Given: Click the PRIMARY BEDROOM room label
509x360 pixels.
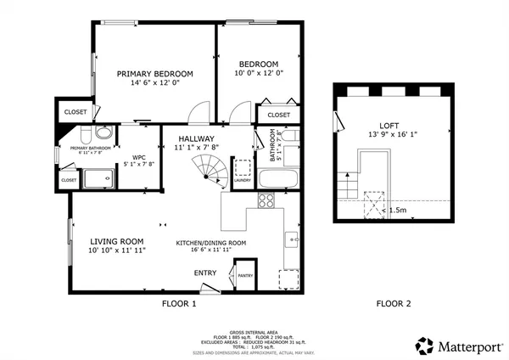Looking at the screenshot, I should [x=154, y=74].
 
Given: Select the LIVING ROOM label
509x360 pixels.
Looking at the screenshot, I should [x=117, y=241].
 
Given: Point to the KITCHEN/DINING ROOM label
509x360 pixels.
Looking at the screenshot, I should [x=211, y=243].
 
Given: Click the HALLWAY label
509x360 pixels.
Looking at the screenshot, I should [x=195, y=138].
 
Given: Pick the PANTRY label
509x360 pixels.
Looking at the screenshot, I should [x=245, y=275].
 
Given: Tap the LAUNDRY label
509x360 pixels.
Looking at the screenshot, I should [x=243, y=180].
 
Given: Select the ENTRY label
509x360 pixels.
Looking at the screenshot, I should [x=205, y=273].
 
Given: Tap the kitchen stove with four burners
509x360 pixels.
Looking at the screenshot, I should [x=266, y=201].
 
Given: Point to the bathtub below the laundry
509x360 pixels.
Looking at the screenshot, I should [x=277, y=180].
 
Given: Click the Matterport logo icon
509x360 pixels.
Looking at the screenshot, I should [x=423, y=345].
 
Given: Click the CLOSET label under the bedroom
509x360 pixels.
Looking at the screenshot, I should [x=278, y=115].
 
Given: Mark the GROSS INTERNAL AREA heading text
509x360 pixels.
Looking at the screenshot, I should [x=255, y=333].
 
